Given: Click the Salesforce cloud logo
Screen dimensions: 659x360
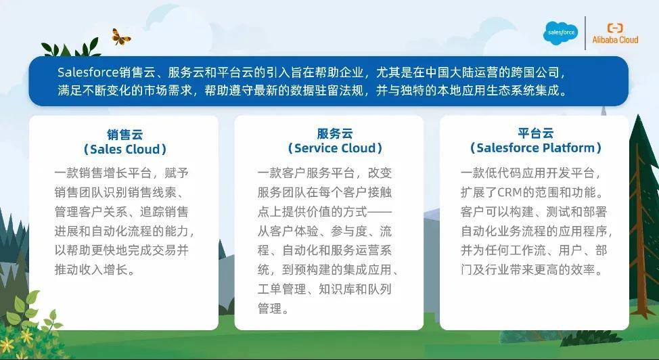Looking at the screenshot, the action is point(561,32).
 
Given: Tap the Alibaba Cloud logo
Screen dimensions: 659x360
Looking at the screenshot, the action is point(615,34).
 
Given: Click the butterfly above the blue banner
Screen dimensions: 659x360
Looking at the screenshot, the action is point(121,37).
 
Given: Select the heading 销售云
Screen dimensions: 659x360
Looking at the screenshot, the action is point(124,135).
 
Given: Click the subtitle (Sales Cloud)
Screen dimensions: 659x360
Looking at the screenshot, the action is point(124,149).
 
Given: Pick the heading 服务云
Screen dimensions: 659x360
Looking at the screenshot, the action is point(334,134).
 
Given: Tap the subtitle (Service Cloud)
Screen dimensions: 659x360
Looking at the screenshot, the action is point(334,148).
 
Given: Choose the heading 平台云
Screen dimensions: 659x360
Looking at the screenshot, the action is point(535,133).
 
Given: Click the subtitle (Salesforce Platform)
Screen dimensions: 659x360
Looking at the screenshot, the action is point(535,148).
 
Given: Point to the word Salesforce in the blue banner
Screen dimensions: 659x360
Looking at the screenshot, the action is point(88,72).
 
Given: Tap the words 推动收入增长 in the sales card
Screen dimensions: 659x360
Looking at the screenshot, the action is point(91,269).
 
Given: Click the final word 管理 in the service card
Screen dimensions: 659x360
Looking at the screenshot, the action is point(270,309).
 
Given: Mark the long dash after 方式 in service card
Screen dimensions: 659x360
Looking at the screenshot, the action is point(380,212).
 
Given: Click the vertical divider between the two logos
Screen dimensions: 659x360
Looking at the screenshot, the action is point(585,33).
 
